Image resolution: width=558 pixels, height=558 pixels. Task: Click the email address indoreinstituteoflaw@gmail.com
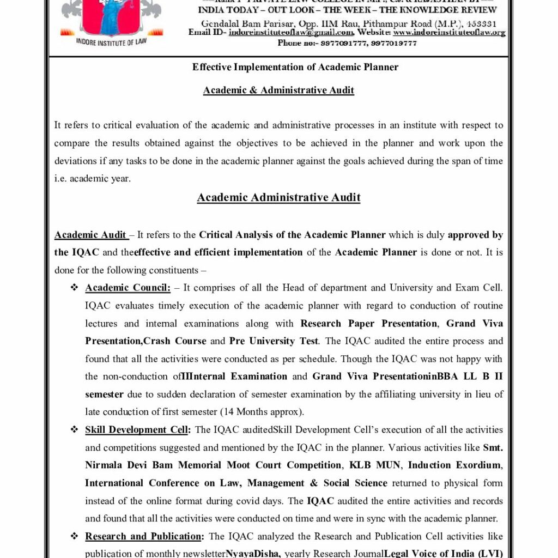tap(291, 33)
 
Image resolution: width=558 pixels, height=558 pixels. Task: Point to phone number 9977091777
tap(344, 43)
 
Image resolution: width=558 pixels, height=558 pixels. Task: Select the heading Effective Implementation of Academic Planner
tap(295, 67)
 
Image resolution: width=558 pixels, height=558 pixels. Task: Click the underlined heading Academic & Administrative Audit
tap(278, 90)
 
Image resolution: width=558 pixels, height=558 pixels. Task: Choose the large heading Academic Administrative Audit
tap(278, 197)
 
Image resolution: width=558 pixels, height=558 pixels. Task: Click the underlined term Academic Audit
tap(90, 235)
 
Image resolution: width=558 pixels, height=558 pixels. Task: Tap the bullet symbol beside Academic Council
tap(74, 288)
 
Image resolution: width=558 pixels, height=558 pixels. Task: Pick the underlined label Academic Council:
tap(128, 288)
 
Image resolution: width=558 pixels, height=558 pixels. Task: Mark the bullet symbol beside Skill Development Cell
tap(74, 430)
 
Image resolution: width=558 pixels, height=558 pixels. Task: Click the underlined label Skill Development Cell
tap(136, 430)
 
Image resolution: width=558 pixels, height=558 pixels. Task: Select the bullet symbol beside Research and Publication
tap(74, 537)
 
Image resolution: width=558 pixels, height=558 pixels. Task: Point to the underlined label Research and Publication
tap(143, 537)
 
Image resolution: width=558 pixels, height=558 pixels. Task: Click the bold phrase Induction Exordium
tap(454, 465)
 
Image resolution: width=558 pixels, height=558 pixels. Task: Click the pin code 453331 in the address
tap(482, 24)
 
